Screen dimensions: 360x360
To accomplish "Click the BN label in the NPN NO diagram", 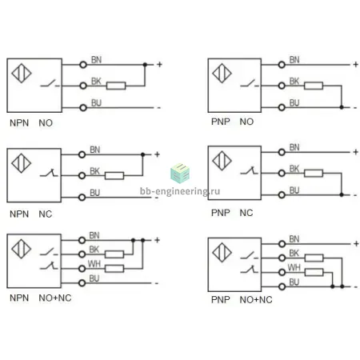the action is click(96, 60).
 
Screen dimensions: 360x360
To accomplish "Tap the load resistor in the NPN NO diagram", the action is click(116, 86).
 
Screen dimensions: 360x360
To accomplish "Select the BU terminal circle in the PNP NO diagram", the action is click(282, 107).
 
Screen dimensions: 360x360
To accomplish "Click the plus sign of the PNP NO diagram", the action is click(355, 64).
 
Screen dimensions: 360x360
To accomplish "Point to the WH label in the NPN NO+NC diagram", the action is click(94, 264).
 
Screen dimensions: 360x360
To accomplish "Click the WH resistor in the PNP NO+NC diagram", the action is click(314, 272).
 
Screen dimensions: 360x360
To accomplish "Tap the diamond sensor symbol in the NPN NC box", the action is click(22, 163).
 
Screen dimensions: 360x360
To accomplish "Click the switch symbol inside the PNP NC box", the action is click(249, 170).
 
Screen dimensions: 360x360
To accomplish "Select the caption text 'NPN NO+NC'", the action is click(41, 298).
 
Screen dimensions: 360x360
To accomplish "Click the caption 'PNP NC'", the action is click(232, 213).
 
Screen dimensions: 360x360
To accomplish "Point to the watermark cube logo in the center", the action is click(180, 174).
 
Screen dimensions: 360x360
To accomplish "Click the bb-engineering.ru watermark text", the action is click(180, 191).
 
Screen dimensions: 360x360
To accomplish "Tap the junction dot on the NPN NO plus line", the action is click(145, 65).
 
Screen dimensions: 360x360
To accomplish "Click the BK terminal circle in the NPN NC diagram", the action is click(82, 175).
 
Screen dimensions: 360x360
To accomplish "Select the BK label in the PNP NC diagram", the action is click(294, 169).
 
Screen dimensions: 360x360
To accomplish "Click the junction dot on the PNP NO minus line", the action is click(342, 107).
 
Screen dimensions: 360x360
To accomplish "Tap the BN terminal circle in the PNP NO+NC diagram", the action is click(282, 244).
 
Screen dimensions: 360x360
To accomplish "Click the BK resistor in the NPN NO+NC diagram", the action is click(114, 254).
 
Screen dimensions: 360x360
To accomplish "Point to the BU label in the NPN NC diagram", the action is click(94, 193).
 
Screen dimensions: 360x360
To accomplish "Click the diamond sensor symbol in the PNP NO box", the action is click(222, 73).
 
